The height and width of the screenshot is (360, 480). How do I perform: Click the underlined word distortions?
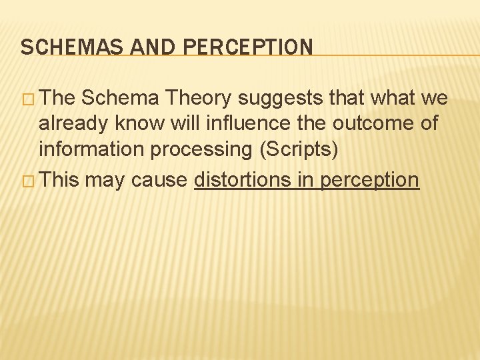click(x=242, y=179)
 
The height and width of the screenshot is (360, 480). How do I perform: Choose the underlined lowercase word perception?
click(x=370, y=181)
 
